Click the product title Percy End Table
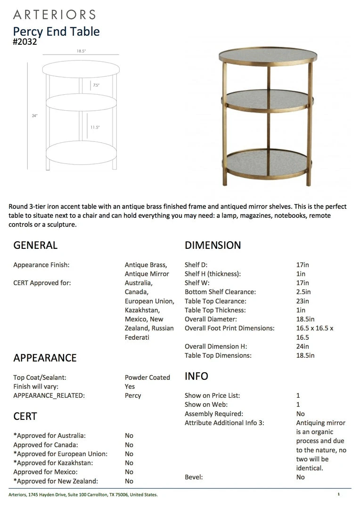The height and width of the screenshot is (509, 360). [56, 32]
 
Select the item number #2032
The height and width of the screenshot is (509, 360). [25, 41]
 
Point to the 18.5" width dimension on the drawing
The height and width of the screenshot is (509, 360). [81, 51]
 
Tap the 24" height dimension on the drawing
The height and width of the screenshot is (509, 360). [35, 115]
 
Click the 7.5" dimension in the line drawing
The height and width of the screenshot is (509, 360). [96, 85]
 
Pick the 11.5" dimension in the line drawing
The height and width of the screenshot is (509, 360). [95, 127]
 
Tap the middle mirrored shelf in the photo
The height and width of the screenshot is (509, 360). [267, 99]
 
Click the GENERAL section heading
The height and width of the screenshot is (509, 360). [35, 245]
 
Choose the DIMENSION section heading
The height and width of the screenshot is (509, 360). [213, 245]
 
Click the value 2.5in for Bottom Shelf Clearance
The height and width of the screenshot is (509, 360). [303, 292]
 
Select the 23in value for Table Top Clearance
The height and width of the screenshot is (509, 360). [303, 301]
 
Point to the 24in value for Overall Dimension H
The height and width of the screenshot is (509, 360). [303, 346]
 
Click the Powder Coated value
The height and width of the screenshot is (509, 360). [147, 378]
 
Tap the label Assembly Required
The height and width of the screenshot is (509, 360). [213, 414]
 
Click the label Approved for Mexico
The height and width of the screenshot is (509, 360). [45, 472]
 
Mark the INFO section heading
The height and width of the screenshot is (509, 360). [196, 376]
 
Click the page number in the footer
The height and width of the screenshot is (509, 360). [338, 494]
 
